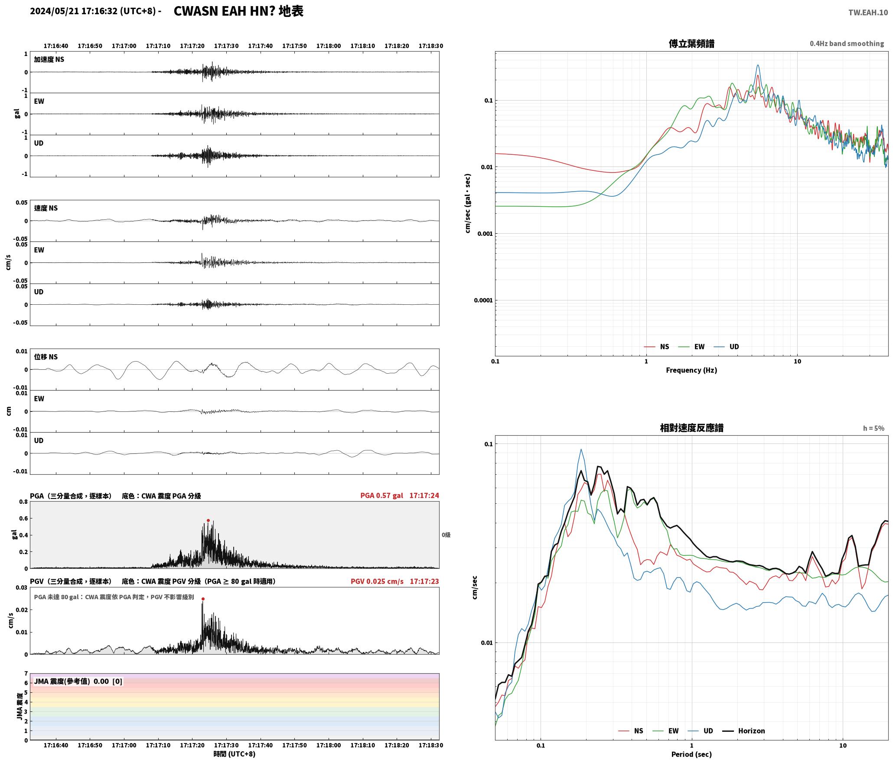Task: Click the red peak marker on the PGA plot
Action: (x=208, y=520)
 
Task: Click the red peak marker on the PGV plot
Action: (x=203, y=599)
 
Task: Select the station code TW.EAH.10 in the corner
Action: (x=868, y=13)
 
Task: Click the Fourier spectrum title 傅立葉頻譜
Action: (x=691, y=44)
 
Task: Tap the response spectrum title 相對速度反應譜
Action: (x=691, y=428)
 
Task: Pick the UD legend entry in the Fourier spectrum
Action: (x=727, y=346)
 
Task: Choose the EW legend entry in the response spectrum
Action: (x=666, y=730)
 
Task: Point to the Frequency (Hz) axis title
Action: (x=691, y=370)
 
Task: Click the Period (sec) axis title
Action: (x=691, y=754)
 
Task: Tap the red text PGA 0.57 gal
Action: (x=381, y=495)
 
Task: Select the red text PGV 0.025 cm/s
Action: (x=377, y=581)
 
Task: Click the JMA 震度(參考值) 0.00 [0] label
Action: (x=78, y=681)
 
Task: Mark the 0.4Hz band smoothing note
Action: (x=847, y=43)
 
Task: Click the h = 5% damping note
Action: (x=873, y=428)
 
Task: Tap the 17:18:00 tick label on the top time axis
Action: (x=329, y=46)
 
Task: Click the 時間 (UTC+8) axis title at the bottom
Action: (x=234, y=754)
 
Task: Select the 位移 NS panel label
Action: (x=46, y=357)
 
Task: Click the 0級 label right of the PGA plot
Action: (x=446, y=535)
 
